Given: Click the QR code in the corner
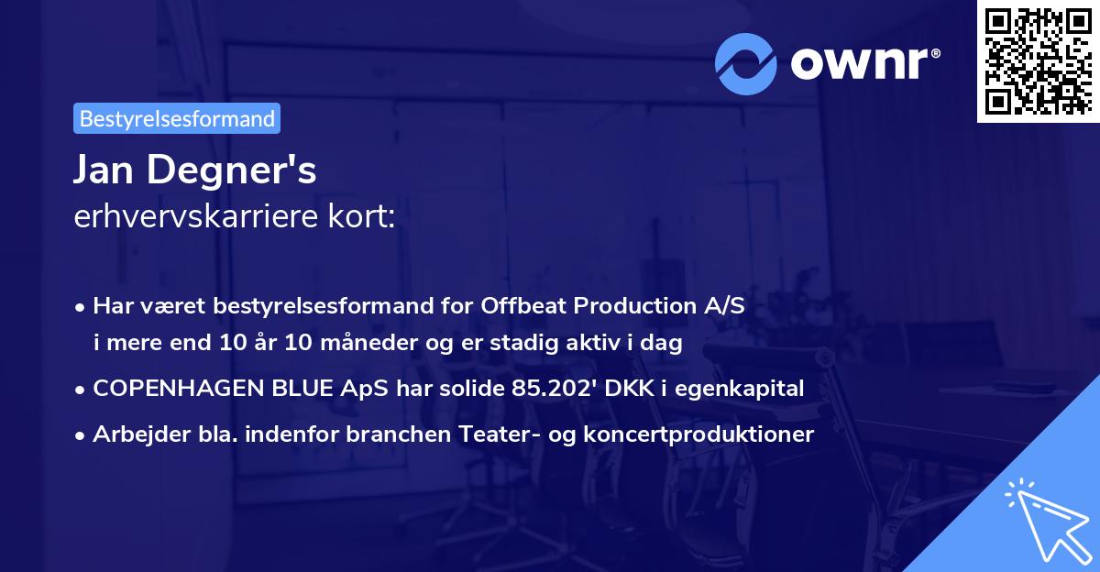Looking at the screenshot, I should [1038, 61].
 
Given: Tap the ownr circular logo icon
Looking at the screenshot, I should [745, 63].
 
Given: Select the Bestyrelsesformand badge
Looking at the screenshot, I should [177, 118].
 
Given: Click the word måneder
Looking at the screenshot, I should [375, 344].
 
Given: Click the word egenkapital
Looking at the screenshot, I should [746, 389].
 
